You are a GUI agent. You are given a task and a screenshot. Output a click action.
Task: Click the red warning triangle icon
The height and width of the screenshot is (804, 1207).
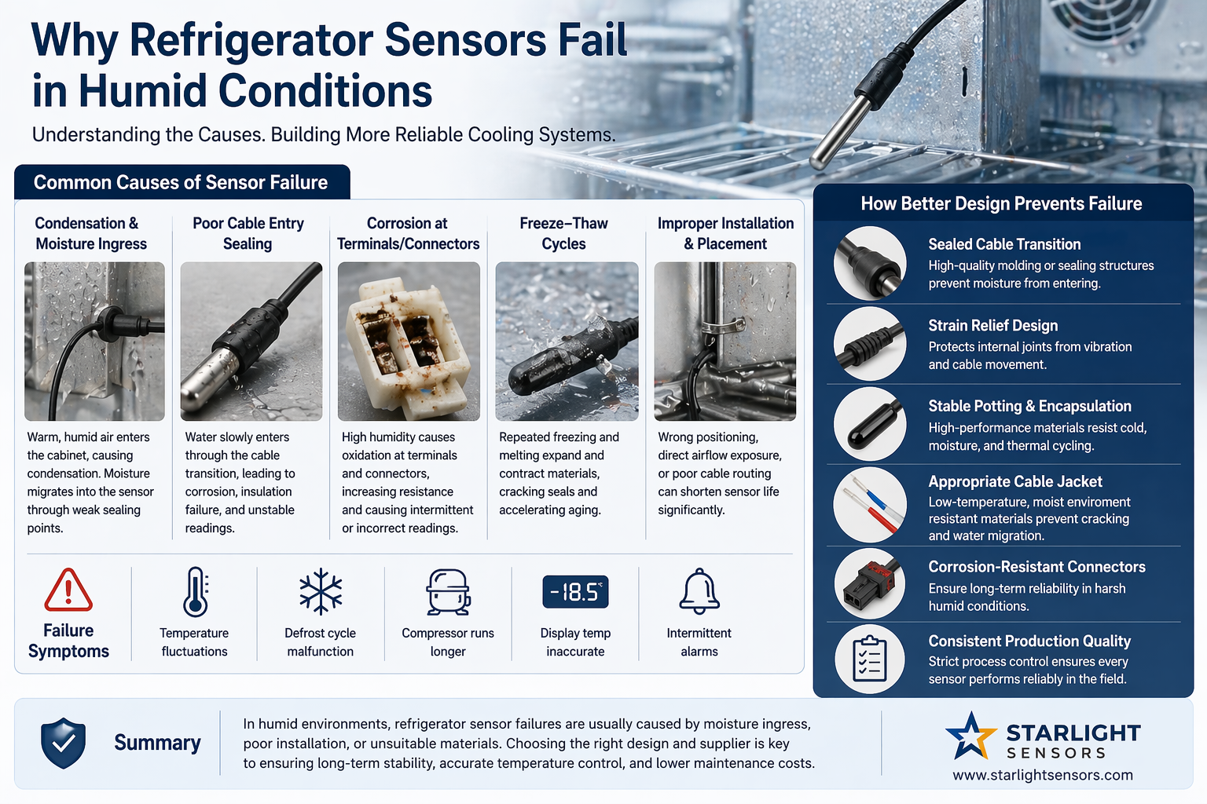pyautogui.click(x=68, y=590)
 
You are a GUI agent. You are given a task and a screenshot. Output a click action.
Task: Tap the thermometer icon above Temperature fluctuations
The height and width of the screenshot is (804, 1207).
pyautogui.click(x=195, y=591)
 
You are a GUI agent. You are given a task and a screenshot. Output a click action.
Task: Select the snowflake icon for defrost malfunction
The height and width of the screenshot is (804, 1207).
pyautogui.click(x=321, y=591)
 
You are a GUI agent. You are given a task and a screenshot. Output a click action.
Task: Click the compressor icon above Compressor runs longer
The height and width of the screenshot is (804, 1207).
pyautogui.click(x=449, y=592)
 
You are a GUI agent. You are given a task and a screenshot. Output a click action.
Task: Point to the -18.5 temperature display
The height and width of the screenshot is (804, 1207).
pyautogui.click(x=575, y=592)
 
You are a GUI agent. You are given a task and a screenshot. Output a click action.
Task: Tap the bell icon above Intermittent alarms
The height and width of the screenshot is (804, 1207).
pyautogui.click(x=699, y=591)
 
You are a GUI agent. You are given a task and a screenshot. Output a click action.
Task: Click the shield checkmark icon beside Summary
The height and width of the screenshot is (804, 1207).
pyautogui.click(x=63, y=743)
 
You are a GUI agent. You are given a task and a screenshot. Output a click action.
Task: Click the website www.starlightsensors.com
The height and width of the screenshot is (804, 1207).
pyautogui.click(x=1043, y=775)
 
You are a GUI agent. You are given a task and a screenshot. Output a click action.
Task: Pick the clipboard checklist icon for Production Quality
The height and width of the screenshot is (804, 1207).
pyautogui.click(x=870, y=659)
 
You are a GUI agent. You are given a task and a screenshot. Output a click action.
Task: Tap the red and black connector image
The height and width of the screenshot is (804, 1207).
pyautogui.click(x=870, y=583)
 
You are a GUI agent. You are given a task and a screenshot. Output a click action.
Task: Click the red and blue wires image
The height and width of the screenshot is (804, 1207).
pyautogui.click(x=870, y=505)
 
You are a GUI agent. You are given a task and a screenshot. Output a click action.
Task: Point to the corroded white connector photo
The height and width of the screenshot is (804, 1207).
pyautogui.click(x=409, y=342)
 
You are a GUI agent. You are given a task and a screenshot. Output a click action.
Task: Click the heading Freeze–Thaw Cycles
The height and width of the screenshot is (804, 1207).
pyautogui.click(x=563, y=233)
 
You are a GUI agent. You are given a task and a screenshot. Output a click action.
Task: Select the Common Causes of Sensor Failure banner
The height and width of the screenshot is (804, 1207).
pyautogui.click(x=182, y=182)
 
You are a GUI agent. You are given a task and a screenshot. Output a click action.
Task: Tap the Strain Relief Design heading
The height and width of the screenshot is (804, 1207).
pyautogui.click(x=992, y=325)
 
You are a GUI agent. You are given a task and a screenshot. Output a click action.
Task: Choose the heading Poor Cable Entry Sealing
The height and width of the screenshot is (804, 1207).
pyautogui.click(x=248, y=233)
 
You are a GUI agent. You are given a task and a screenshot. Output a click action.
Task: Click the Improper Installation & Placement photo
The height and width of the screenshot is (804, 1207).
pyautogui.click(x=725, y=342)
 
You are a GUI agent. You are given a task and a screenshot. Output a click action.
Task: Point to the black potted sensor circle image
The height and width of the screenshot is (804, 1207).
pyautogui.click(x=870, y=424)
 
